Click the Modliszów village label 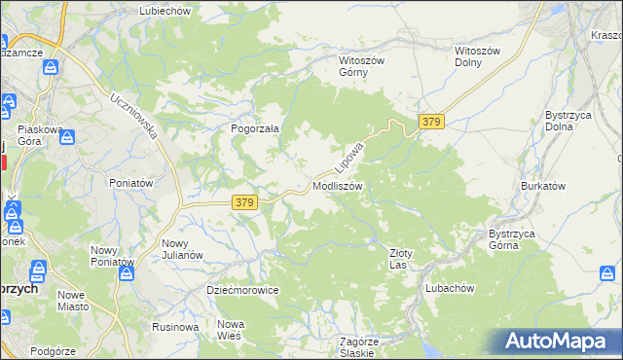tap(338, 185)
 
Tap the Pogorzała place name tap(255, 127)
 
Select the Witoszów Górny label tap(362, 66)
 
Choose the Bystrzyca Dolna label tap(567, 121)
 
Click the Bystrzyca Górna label tap(518, 239)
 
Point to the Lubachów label tap(449, 288)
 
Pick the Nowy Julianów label tap(182, 249)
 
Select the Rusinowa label tap(175, 327)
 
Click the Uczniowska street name tap(134, 116)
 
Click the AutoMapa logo tap(559, 341)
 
